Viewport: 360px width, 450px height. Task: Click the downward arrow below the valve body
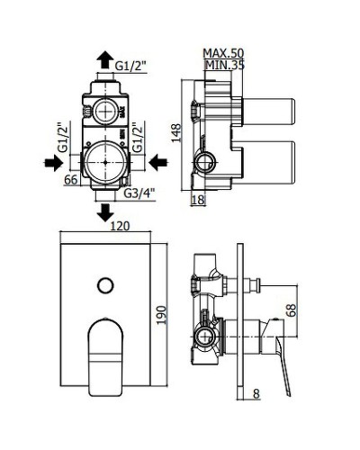(x=105, y=211)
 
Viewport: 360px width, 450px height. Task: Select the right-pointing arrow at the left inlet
(x=53, y=162)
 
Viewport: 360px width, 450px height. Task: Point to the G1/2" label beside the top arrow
(x=131, y=65)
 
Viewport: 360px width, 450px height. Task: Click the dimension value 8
(x=256, y=392)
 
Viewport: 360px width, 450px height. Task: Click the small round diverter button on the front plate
(x=104, y=286)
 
